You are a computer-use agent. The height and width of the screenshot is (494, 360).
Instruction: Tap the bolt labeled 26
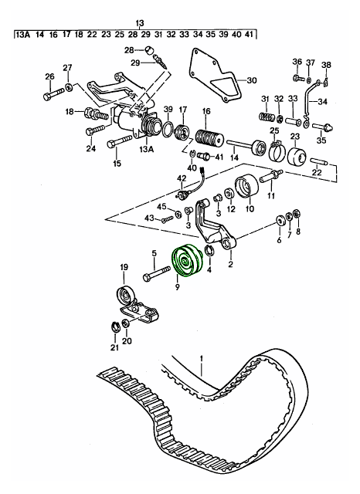click(x=54, y=94)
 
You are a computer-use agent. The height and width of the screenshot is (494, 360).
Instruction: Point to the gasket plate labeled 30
click(x=216, y=76)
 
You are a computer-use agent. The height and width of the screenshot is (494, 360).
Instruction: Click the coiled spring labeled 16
click(x=209, y=139)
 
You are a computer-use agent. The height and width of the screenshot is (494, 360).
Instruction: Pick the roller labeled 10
click(x=247, y=187)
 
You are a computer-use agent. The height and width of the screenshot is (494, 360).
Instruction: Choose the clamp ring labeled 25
click(x=277, y=152)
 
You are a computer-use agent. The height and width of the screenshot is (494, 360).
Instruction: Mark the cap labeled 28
click(x=149, y=49)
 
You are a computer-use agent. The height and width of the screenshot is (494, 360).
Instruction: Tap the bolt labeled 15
click(x=120, y=141)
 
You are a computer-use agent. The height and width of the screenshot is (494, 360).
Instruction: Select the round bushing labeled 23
click(x=297, y=156)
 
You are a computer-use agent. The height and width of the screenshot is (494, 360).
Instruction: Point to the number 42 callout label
click(x=182, y=178)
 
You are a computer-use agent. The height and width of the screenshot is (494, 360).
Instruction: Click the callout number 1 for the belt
click(x=201, y=358)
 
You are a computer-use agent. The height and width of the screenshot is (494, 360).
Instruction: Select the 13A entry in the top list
click(x=22, y=34)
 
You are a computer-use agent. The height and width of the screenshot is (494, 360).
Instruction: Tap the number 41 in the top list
click(x=249, y=34)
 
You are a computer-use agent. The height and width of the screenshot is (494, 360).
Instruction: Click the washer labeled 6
click(x=280, y=222)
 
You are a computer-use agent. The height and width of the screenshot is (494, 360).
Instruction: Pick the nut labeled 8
click(x=296, y=214)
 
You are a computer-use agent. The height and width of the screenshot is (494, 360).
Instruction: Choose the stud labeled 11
click(x=271, y=176)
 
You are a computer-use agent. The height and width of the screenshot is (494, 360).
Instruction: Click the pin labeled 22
click(x=319, y=161)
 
